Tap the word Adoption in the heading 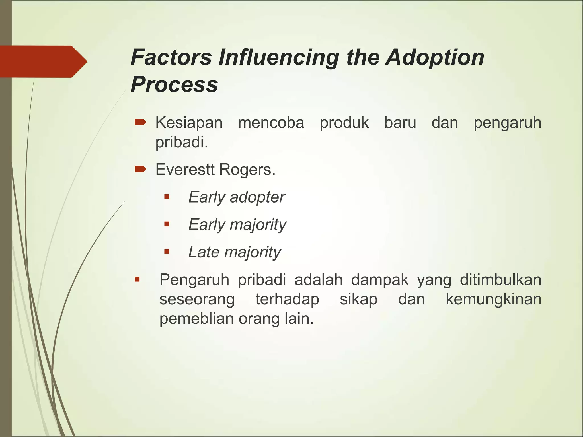point(435,58)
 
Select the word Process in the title point(174,84)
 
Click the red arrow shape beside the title point(43,61)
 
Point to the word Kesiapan point(189,123)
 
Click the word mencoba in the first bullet point(271,123)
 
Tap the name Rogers point(247,170)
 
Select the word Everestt point(185,170)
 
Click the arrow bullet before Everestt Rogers point(140,170)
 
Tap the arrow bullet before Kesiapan point(140,123)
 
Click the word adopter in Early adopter point(257,197)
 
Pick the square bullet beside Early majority point(167,224)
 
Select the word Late point(204,252)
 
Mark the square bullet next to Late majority point(167,252)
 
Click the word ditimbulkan point(500,279)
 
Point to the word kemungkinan point(493,299)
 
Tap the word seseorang point(197,300)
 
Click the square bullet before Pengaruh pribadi point(137,279)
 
